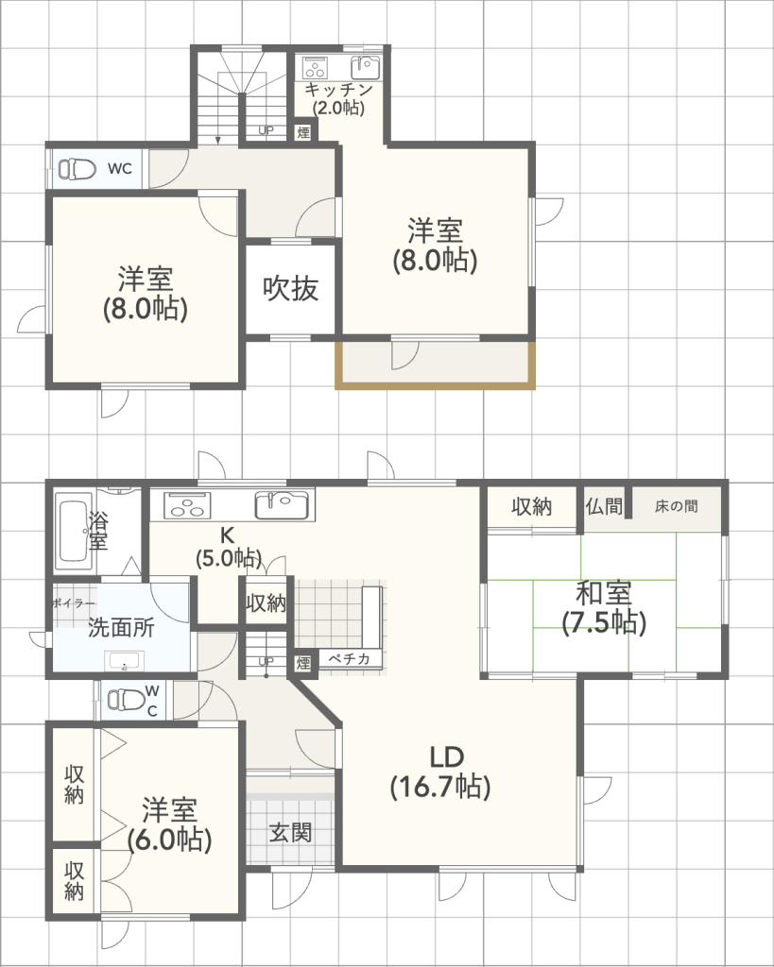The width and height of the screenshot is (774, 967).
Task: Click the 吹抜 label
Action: point(291,289)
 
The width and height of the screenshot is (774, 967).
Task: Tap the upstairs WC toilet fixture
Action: point(77,168)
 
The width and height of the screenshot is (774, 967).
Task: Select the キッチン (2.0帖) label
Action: point(338,98)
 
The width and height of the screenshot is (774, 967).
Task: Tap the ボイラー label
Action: point(74,603)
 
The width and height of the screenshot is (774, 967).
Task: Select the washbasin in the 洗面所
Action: point(125,660)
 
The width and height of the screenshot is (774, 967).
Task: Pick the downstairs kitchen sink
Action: point(282,504)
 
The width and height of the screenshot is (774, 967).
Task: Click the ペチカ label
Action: point(349,658)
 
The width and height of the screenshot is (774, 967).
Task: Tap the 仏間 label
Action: point(604,507)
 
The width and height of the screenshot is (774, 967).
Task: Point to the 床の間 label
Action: point(677,506)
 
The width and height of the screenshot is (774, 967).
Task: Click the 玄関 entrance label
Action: point(291,833)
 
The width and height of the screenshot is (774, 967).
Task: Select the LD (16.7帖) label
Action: point(440,772)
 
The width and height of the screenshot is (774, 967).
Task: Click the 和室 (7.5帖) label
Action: point(604,607)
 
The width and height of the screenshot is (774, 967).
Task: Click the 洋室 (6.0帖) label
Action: point(170,824)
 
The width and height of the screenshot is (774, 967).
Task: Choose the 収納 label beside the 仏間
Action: point(531,506)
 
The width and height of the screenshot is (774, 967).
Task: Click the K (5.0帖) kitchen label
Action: point(229,547)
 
